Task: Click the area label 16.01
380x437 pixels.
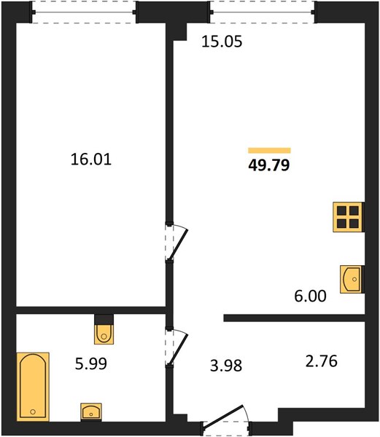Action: (91, 160)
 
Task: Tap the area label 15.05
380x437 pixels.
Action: (222, 42)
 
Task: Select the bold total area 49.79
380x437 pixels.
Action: (269, 165)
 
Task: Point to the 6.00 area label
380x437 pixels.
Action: (310, 296)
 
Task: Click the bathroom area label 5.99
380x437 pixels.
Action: (91, 363)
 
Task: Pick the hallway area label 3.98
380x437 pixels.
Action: (226, 366)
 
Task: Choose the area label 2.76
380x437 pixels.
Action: (322, 361)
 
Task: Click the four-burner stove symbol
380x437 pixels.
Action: (348, 217)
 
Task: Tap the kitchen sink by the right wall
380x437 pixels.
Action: (351, 279)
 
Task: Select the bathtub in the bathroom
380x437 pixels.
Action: (33, 387)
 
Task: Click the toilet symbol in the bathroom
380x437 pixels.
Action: (104, 334)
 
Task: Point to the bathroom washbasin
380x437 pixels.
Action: (91, 412)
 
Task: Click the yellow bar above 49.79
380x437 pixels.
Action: (270, 151)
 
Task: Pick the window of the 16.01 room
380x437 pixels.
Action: (84, 12)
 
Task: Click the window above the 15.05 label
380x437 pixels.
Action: (263, 12)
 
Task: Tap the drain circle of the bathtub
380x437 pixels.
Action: (33, 412)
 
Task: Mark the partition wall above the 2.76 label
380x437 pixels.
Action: (295, 318)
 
